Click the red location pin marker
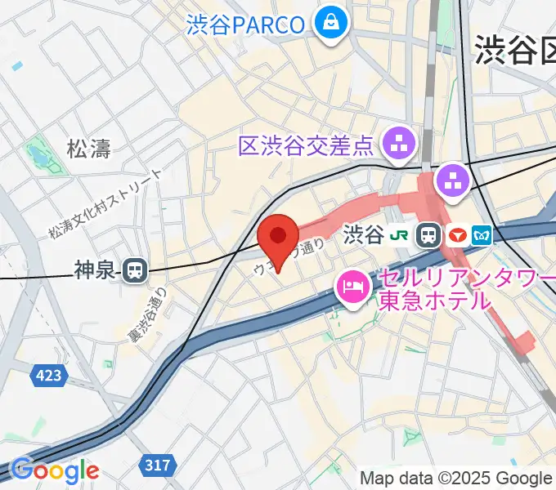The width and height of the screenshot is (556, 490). (278, 238)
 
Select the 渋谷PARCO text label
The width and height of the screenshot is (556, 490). (245, 24)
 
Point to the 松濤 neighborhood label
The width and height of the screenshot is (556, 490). (88, 148)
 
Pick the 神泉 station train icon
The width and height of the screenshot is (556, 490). (133, 270)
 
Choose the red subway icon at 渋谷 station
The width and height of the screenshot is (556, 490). (457, 235)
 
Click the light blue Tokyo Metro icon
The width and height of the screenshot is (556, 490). (482, 235)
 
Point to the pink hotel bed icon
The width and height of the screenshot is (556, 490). (353, 286)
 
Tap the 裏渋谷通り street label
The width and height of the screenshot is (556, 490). (147, 314)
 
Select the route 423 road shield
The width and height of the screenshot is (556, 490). (48, 376)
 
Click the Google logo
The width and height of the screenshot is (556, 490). (54, 470)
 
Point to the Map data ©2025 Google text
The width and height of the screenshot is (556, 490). (455, 478)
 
